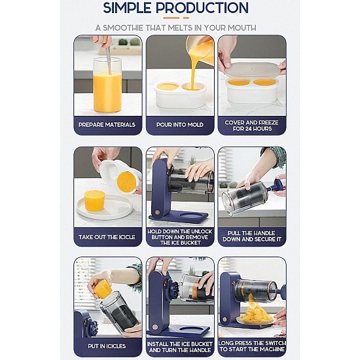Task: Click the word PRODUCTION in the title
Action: pyautogui.click(x=202, y=8)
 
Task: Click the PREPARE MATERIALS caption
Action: pyautogui.click(x=107, y=124)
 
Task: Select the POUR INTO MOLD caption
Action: pyautogui.click(x=180, y=124)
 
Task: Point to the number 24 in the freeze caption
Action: pyautogui.click(x=249, y=128)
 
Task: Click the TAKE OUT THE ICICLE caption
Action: pyautogui.click(x=107, y=237)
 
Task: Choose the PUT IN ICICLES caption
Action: pyautogui.click(x=107, y=346)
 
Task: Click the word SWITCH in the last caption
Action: pyautogui.click(x=275, y=343)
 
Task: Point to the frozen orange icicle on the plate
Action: pyautogui.click(x=94, y=200)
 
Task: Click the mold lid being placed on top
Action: pyautogui.click(x=253, y=70)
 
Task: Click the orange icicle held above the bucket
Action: pyautogui.click(x=103, y=288)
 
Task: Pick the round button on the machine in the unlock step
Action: pyautogui.click(x=157, y=212)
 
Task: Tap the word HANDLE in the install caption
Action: pyautogui.click(x=199, y=350)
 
